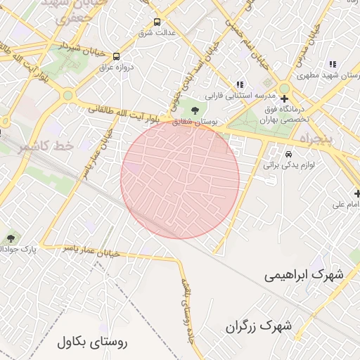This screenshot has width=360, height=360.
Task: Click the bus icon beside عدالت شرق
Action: [156, 22]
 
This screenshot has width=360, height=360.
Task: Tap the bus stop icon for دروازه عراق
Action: [116, 56]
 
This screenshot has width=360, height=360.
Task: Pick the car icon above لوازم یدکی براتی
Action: [288, 154]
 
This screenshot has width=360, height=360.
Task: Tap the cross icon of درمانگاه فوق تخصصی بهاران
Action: [284, 99]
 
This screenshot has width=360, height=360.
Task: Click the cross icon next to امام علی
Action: [358, 193]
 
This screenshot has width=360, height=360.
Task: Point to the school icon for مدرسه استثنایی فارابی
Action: [240, 84]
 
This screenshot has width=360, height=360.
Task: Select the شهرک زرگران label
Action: [259, 326]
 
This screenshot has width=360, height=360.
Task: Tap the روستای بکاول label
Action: [93, 343]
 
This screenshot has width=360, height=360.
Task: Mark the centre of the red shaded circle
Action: [180, 179]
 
